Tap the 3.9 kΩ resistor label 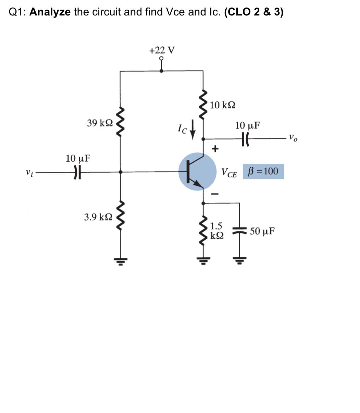point(98,217)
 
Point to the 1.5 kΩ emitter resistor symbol point(204,230)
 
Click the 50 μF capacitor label point(262,231)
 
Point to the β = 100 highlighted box point(263,171)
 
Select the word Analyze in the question point(50,12)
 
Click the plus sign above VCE point(215,149)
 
